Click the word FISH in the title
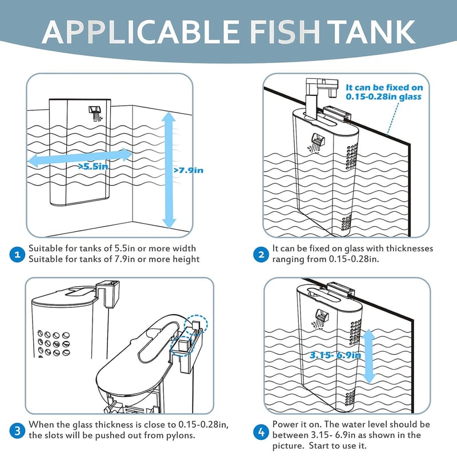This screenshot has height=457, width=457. (x=284, y=32)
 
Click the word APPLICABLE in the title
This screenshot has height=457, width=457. (x=141, y=32)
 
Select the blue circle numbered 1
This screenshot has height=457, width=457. (x=17, y=254)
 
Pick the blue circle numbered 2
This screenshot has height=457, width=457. (x=261, y=254)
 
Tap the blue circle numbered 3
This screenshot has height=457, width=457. (x=17, y=431)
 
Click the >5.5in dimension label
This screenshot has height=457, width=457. (x=93, y=166)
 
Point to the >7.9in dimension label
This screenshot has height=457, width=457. (x=189, y=170)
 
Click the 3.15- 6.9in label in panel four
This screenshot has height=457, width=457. (x=335, y=355)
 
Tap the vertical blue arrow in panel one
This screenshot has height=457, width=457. (x=169, y=170)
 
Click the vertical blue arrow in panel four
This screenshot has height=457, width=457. (x=369, y=356)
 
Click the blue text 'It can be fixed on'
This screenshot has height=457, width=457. (x=384, y=87)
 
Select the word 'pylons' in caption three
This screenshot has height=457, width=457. (x=181, y=436)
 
